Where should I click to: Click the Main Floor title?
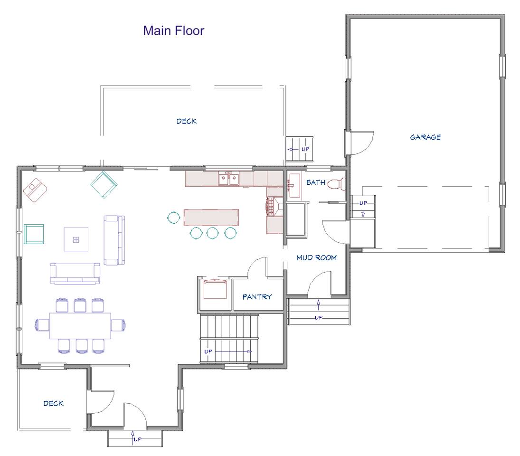[173, 30]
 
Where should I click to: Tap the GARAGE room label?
[425, 137]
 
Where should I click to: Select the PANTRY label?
[257, 297]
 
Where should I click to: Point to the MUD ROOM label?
[316, 257]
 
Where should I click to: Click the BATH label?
[316, 182]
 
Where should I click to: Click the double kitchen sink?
[229, 179]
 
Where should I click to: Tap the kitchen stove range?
[274, 206]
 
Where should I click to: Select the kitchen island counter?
[211, 217]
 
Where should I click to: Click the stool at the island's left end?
[173, 218]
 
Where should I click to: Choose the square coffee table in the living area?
[76, 239]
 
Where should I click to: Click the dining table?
[80, 326]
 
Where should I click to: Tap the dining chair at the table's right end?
[118, 325]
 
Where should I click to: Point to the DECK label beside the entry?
[53, 403]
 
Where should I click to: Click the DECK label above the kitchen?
[187, 122]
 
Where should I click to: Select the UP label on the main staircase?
[208, 351]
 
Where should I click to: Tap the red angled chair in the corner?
[35, 190]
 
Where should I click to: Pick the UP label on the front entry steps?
[137, 439]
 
